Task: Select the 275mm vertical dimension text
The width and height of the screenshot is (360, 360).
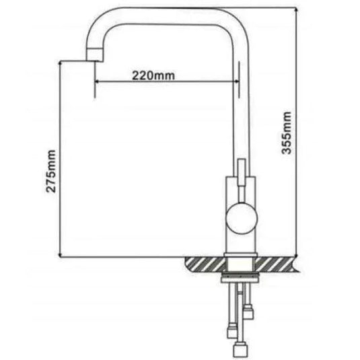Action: [51, 174]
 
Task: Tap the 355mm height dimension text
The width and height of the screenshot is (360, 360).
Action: [287, 133]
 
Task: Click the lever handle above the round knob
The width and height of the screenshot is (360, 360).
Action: [241, 172]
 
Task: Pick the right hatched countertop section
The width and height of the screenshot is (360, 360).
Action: [275, 264]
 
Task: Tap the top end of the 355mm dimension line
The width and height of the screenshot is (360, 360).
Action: [297, 8]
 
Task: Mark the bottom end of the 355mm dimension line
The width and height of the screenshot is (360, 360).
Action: [297, 256]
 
